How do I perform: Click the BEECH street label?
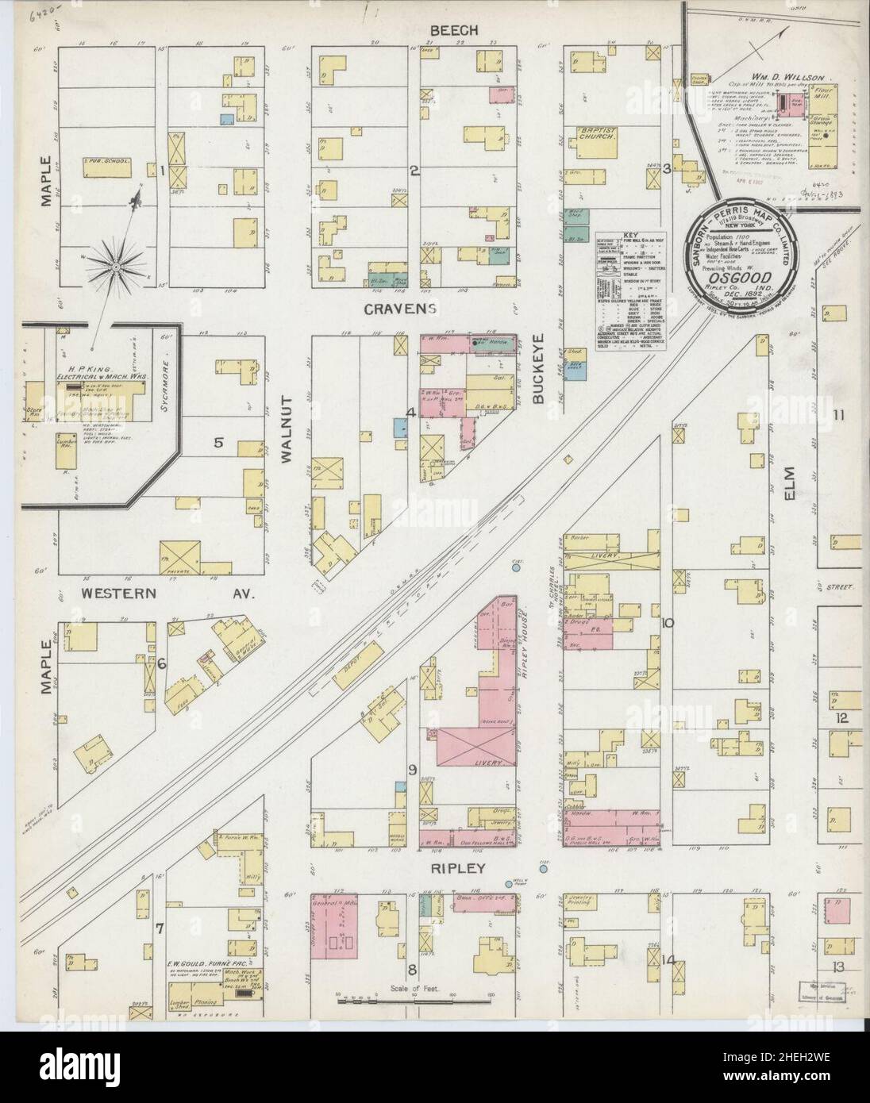point(454,30)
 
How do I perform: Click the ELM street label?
point(814,482)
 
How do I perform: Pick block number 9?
point(412,769)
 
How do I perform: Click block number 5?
point(218,442)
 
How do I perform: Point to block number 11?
point(839,413)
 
